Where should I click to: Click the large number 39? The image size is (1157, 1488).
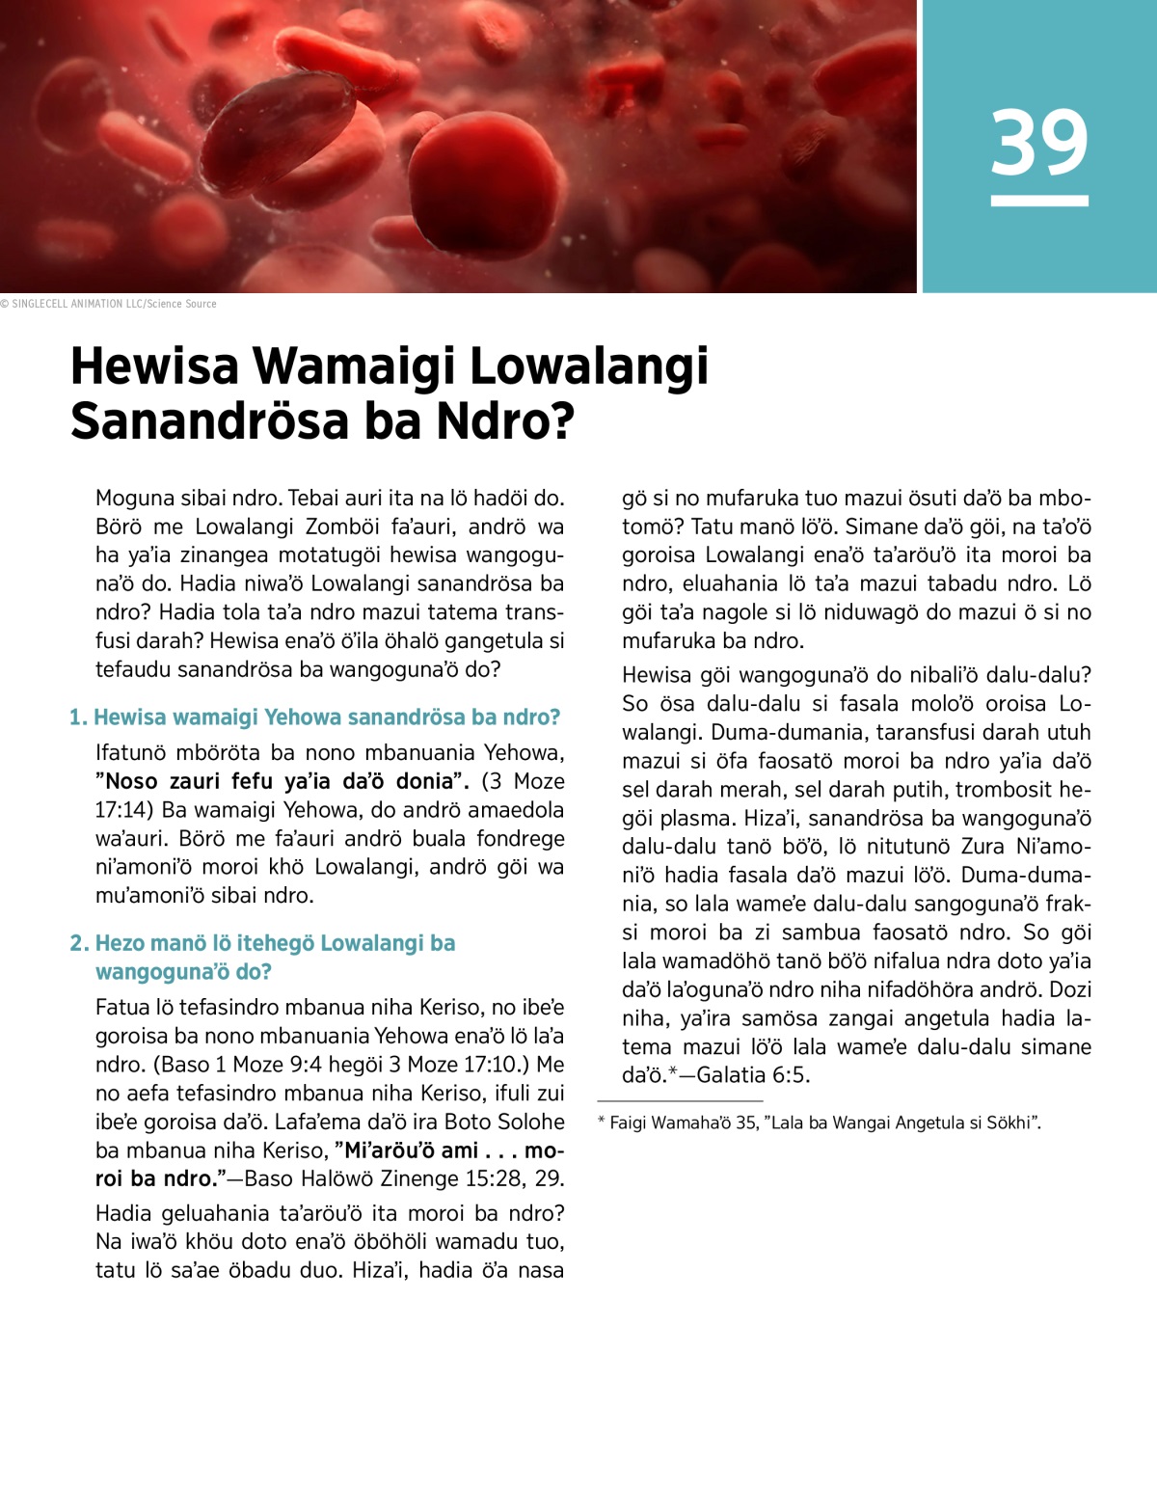pyautogui.click(x=1039, y=143)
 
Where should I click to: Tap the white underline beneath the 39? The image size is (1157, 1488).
pyautogui.click(x=1039, y=202)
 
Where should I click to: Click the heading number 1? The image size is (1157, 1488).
pyautogui.click(x=77, y=717)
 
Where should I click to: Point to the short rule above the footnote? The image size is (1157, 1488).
pyautogui.click(x=680, y=1100)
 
